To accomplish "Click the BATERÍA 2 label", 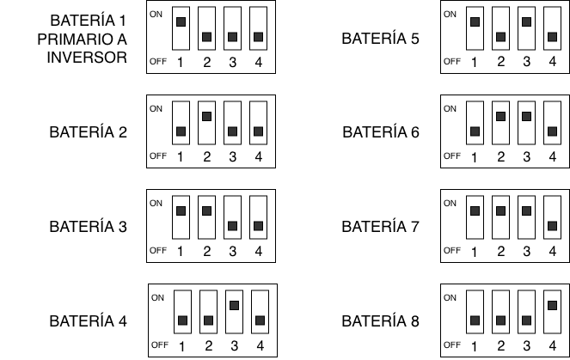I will (x=89, y=132).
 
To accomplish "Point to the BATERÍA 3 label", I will (x=89, y=228).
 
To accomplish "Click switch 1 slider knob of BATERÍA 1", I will (x=181, y=21).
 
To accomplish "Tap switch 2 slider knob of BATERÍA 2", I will (x=206, y=115).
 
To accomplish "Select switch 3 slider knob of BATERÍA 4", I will (x=234, y=304).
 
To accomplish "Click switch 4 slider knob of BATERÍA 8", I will (x=551, y=304).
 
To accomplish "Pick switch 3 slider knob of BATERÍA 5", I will (x=525, y=21).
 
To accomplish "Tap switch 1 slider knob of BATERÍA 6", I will (x=474, y=131).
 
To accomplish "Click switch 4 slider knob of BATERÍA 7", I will (x=551, y=226).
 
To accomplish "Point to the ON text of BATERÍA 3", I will (x=156, y=204).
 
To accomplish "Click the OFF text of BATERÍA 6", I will (x=451, y=156).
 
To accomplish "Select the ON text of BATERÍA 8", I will (x=450, y=298).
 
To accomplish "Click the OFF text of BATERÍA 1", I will (x=157, y=62).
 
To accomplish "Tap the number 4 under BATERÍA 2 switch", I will (x=258, y=157).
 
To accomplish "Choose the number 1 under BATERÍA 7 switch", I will (x=474, y=252).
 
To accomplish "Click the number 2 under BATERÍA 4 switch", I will (x=208, y=346).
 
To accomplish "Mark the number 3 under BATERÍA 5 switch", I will (x=525, y=63).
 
